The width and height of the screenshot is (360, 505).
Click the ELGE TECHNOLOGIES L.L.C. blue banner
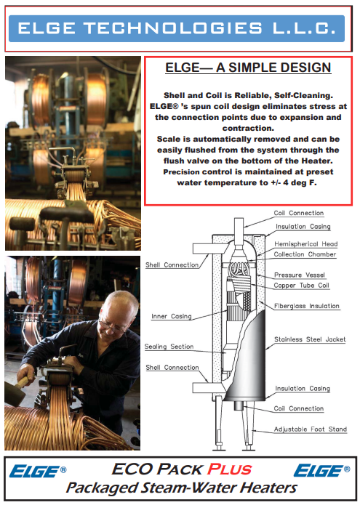pyautogui.click(x=177, y=28)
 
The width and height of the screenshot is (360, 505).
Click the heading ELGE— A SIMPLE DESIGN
pyautogui.click(x=248, y=68)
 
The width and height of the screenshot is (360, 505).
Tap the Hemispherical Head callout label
pyautogui.click(x=306, y=244)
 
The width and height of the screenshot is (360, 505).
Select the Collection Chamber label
pyautogui.click(x=305, y=254)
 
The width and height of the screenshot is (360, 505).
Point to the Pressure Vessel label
pyautogui.click(x=300, y=275)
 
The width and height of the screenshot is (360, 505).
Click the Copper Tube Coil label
pyautogui.click(x=301, y=286)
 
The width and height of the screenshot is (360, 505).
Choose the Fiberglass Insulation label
pyautogui.click(x=307, y=306)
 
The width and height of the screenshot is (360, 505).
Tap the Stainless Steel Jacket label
pyautogui.click(x=310, y=339)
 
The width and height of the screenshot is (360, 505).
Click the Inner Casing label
pyautogui.click(x=172, y=317)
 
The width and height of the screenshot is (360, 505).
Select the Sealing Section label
pyautogui.click(x=169, y=347)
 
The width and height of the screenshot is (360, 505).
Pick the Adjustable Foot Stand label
pyautogui.click(x=311, y=429)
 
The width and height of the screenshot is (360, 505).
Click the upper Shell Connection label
pyautogui.click(x=172, y=265)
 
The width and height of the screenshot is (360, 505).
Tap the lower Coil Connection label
pyautogui.click(x=298, y=408)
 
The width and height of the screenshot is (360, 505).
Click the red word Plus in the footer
pyautogui.click(x=229, y=469)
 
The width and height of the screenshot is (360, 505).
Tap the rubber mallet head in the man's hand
pyautogui.click(x=14, y=394)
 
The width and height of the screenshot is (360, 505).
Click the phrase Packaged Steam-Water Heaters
pyautogui.click(x=181, y=488)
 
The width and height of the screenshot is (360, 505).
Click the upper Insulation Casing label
pyautogui.click(x=303, y=227)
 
